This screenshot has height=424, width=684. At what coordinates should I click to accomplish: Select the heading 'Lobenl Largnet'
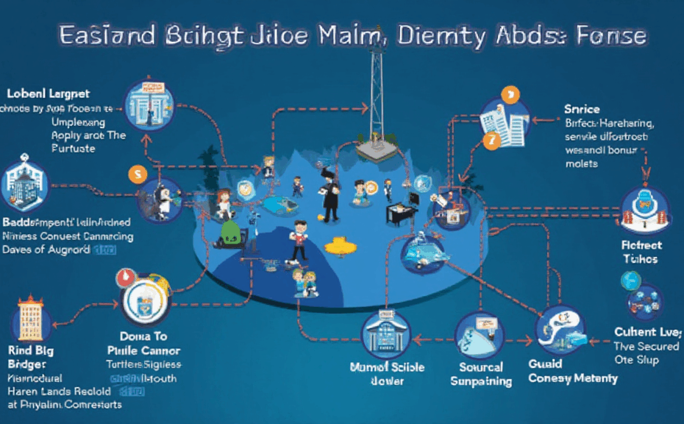click(49, 94)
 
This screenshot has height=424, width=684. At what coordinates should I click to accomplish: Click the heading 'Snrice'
click(583, 109)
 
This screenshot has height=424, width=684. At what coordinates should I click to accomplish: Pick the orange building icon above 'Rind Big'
click(30, 321)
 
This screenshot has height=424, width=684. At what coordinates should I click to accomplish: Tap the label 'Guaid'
click(546, 364)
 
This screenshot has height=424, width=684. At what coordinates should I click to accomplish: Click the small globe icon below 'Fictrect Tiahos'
click(631, 280)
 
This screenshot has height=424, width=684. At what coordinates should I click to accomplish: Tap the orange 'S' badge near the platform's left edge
click(137, 174)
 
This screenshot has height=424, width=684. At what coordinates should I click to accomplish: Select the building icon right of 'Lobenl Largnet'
click(149, 105)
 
